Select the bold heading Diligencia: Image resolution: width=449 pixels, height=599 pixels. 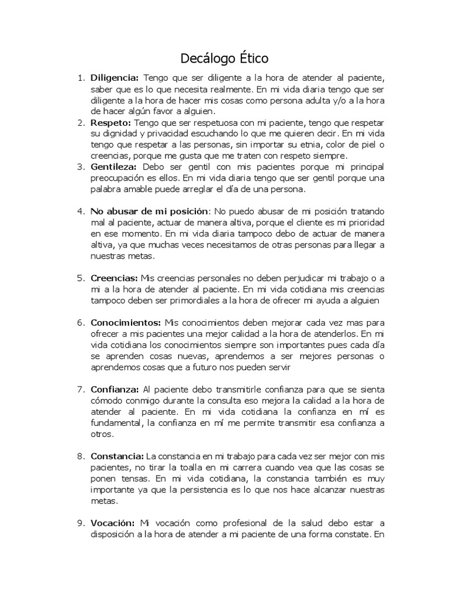[115, 78]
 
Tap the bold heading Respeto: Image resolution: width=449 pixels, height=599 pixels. [110, 123]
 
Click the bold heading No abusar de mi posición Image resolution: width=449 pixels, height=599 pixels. [148, 211]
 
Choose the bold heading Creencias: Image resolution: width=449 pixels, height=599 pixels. [114, 277]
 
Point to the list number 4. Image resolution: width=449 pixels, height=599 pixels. [81, 211]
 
